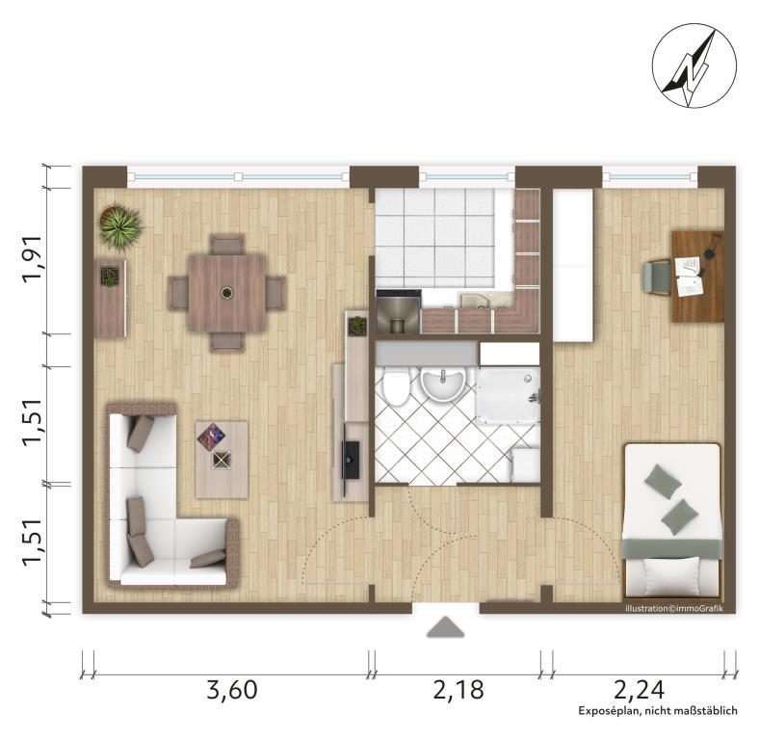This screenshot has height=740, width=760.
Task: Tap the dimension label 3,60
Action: (232, 690)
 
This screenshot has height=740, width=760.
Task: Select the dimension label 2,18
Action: (459, 690)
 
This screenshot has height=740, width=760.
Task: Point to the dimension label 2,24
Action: (639, 690)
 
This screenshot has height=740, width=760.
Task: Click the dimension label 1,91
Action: (34, 258)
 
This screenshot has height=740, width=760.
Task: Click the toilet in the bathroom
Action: (396, 385)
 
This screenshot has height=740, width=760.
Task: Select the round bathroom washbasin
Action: (442, 383)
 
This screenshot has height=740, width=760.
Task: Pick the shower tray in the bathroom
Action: (509, 396)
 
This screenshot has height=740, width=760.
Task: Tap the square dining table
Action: (226, 293)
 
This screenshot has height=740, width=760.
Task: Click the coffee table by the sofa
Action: (222, 460)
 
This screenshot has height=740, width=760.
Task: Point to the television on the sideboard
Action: (351, 460)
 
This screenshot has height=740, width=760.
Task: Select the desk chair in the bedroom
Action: (657, 277)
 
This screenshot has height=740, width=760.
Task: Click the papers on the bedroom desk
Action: (690, 277)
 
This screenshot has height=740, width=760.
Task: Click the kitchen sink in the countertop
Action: (479, 301)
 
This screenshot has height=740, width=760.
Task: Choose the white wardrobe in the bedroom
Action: (573, 265)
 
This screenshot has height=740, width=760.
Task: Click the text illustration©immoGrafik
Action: (673, 609)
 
